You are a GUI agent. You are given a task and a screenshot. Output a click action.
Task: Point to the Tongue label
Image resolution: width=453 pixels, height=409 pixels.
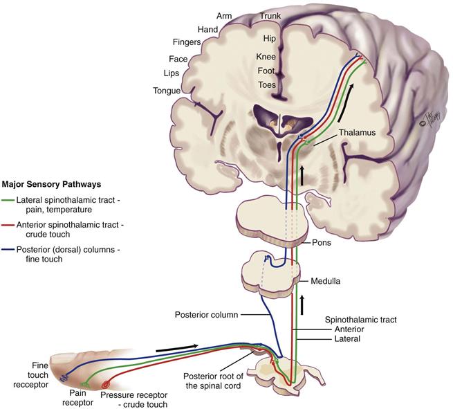[x=167, y=91]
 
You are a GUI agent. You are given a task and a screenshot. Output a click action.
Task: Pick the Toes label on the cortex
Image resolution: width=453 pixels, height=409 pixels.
[x=266, y=85]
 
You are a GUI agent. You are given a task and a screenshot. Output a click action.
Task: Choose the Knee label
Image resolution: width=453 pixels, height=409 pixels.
[x=266, y=56]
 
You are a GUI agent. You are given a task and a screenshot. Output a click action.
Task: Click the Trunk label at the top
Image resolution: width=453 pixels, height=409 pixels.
[x=271, y=15]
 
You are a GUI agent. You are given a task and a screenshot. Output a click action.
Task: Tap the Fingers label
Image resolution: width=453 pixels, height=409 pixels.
[x=187, y=42]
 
